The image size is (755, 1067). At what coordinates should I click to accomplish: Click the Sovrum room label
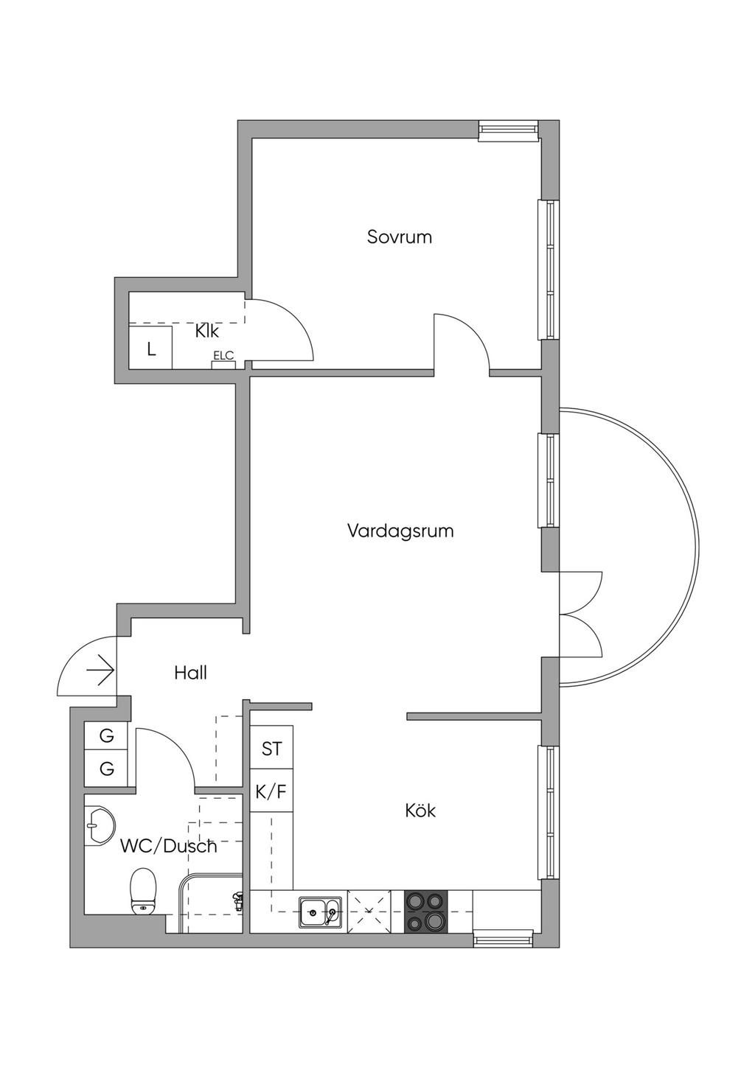[x=400, y=237]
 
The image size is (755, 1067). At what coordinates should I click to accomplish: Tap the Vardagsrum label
[x=400, y=531]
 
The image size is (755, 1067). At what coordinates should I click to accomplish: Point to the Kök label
[x=420, y=810]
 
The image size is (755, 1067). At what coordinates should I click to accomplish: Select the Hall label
[x=191, y=673]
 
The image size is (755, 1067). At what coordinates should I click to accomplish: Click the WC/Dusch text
[x=169, y=847]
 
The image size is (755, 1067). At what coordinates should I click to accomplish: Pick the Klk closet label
[x=207, y=331]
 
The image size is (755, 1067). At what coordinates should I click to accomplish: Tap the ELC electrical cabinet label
[x=223, y=355]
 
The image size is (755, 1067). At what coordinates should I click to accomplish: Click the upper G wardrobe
[x=106, y=736]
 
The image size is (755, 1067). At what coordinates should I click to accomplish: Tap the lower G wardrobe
[x=106, y=769]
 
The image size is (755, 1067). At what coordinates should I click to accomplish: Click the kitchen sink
[x=320, y=913]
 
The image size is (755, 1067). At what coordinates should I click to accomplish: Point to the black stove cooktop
[x=426, y=912]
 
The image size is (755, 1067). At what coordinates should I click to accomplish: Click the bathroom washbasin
[x=100, y=825]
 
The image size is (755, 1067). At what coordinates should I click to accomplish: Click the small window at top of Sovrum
[x=509, y=130]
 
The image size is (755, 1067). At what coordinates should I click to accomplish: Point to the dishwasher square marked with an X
[x=369, y=912]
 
